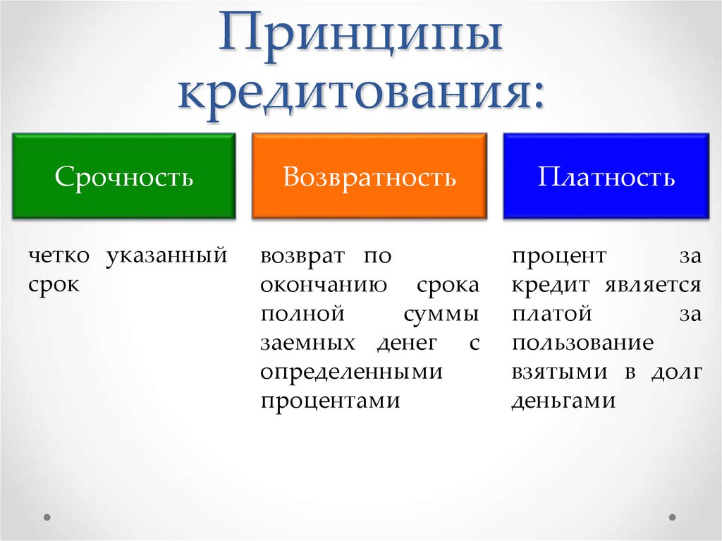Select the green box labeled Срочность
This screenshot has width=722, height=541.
click(124, 176)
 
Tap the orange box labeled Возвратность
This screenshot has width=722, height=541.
click(369, 176)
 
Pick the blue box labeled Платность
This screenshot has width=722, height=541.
click(606, 176)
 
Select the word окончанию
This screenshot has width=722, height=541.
click(323, 285)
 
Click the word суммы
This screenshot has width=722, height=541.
click(441, 314)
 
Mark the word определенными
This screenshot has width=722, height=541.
click(350, 372)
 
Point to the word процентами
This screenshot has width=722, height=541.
click(330, 401)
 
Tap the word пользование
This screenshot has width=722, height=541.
click(582, 343)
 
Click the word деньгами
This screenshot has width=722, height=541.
click(564, 401)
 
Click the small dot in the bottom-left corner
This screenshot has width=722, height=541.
click(48, 517)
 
